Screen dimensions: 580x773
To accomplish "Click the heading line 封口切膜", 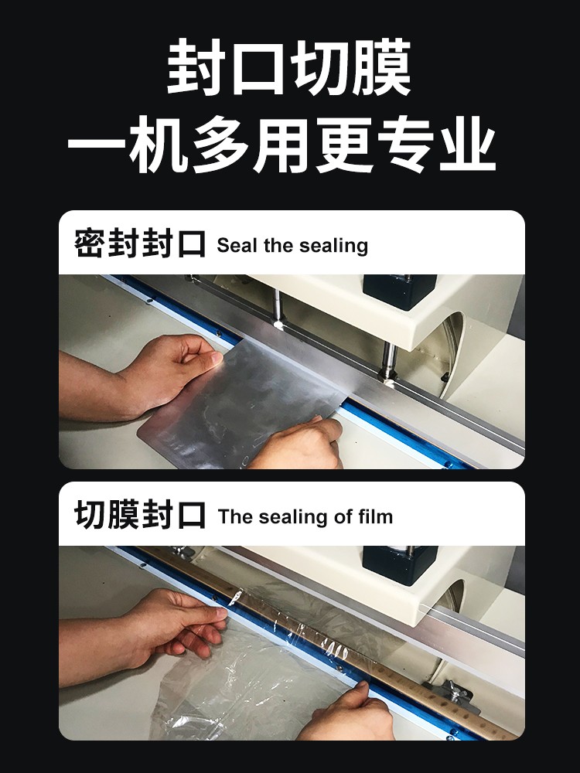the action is coord(289,67).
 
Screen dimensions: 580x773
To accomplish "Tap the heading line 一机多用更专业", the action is coord(281,145).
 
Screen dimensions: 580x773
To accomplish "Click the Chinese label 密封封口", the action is coord(139,243).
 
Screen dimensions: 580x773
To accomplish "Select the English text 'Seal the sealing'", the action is coord(292,246).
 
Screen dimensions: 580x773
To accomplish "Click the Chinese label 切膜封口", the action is coord(139,514).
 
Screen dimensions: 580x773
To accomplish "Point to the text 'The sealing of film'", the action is coord(305,516).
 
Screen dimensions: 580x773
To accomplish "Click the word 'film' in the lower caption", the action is coord(375,516).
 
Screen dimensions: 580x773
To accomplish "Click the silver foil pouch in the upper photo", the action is coord(241,404).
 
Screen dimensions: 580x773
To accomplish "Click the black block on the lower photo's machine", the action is coord(400,564).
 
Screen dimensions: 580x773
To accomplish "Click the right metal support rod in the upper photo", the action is coord(389,360).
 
